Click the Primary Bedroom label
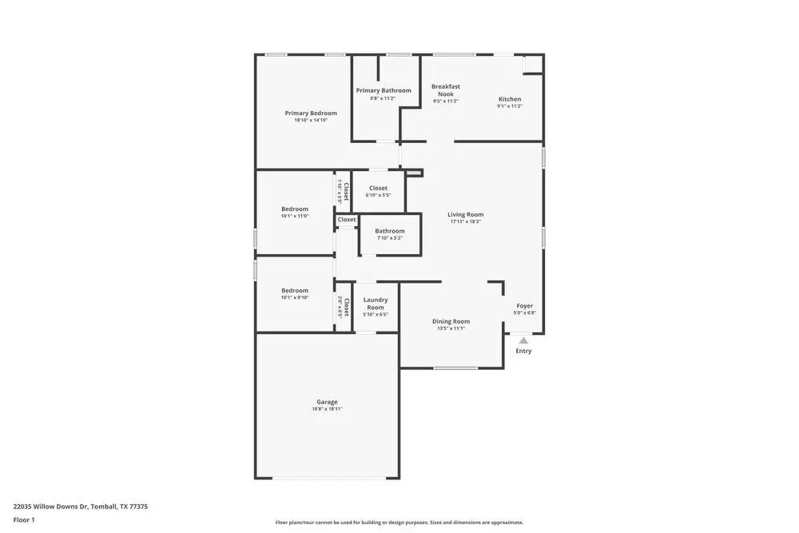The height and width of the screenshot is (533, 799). point(311,113)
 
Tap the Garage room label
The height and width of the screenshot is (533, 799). point(327,402)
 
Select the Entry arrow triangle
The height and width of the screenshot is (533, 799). point(523,340)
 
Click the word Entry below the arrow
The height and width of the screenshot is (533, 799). point(523,351)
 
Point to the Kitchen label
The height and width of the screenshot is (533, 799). point(510,99)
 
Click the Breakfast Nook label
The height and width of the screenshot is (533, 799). point(446,90)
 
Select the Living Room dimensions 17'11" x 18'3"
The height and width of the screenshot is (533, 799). point(465,221)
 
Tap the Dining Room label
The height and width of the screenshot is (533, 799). point(451,321)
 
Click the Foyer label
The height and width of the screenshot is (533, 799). point(524,306)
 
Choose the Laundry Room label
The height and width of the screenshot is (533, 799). point(376,304)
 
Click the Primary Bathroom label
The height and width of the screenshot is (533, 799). point(384,90)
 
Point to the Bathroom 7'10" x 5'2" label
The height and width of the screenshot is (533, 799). point(390,231)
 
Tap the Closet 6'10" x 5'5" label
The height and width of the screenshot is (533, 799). point(378,189)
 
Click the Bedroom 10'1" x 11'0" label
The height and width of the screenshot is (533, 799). point(295,209)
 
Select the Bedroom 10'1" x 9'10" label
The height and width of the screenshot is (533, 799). point(295,291)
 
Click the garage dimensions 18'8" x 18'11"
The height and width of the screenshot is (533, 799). point(327,409)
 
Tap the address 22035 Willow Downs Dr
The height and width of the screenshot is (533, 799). point(80,506)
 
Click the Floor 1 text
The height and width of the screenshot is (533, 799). point(24,519)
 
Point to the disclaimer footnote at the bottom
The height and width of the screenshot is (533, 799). point(399,523)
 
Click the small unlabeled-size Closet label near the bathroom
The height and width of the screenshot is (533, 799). point(347,220)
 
